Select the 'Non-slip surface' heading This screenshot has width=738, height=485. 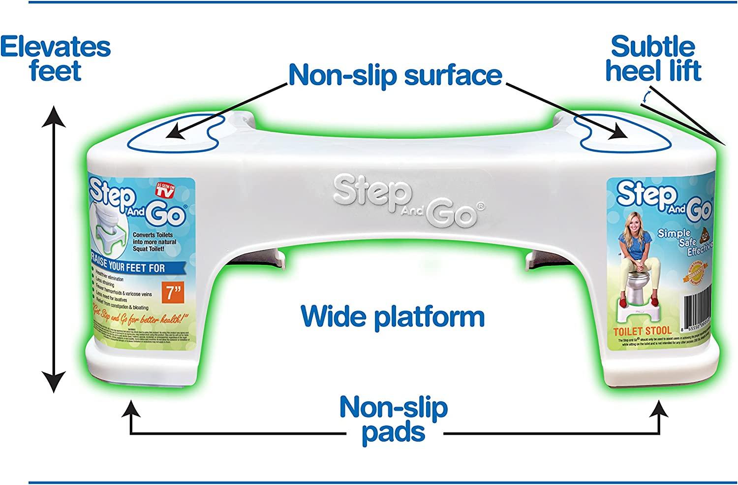click(x=395, y=75)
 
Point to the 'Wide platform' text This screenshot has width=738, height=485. click(x=393, y=316)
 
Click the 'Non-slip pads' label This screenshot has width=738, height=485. click(x=394, y=420)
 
